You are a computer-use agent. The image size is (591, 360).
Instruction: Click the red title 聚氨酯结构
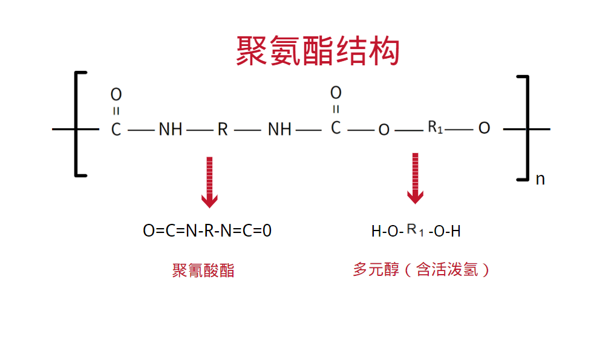[318, 51]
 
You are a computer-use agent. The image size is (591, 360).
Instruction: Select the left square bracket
[78, 124]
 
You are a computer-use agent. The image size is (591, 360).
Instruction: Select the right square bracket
[525, 128]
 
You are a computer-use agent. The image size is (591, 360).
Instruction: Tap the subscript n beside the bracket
[540, 179]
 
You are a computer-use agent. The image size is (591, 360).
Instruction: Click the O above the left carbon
[116, 94]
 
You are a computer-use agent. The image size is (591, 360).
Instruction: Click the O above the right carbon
[336, 93]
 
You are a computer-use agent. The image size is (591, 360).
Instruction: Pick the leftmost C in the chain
[116, 129]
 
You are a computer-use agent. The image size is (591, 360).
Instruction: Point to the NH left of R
[171, 129]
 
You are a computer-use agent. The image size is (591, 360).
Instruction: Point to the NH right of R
[279, 129]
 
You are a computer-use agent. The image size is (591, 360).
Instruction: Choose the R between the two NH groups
[223, 129]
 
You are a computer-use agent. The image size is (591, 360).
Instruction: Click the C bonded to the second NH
[336, 128]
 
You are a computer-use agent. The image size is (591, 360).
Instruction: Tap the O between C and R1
[384, 130]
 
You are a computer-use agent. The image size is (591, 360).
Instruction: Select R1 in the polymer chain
[436, 128]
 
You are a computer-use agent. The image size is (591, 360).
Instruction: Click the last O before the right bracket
[484, 129]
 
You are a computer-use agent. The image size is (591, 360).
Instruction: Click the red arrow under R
[209, 182]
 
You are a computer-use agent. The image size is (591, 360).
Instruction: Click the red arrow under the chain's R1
[415, 178]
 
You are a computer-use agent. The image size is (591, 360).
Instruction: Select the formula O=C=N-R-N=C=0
[207, 231]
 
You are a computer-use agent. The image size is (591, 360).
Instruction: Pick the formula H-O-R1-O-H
[416, 231]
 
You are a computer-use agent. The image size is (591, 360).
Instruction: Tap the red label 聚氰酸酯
[203, 270]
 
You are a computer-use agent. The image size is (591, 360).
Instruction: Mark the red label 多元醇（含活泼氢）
[422, 269]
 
